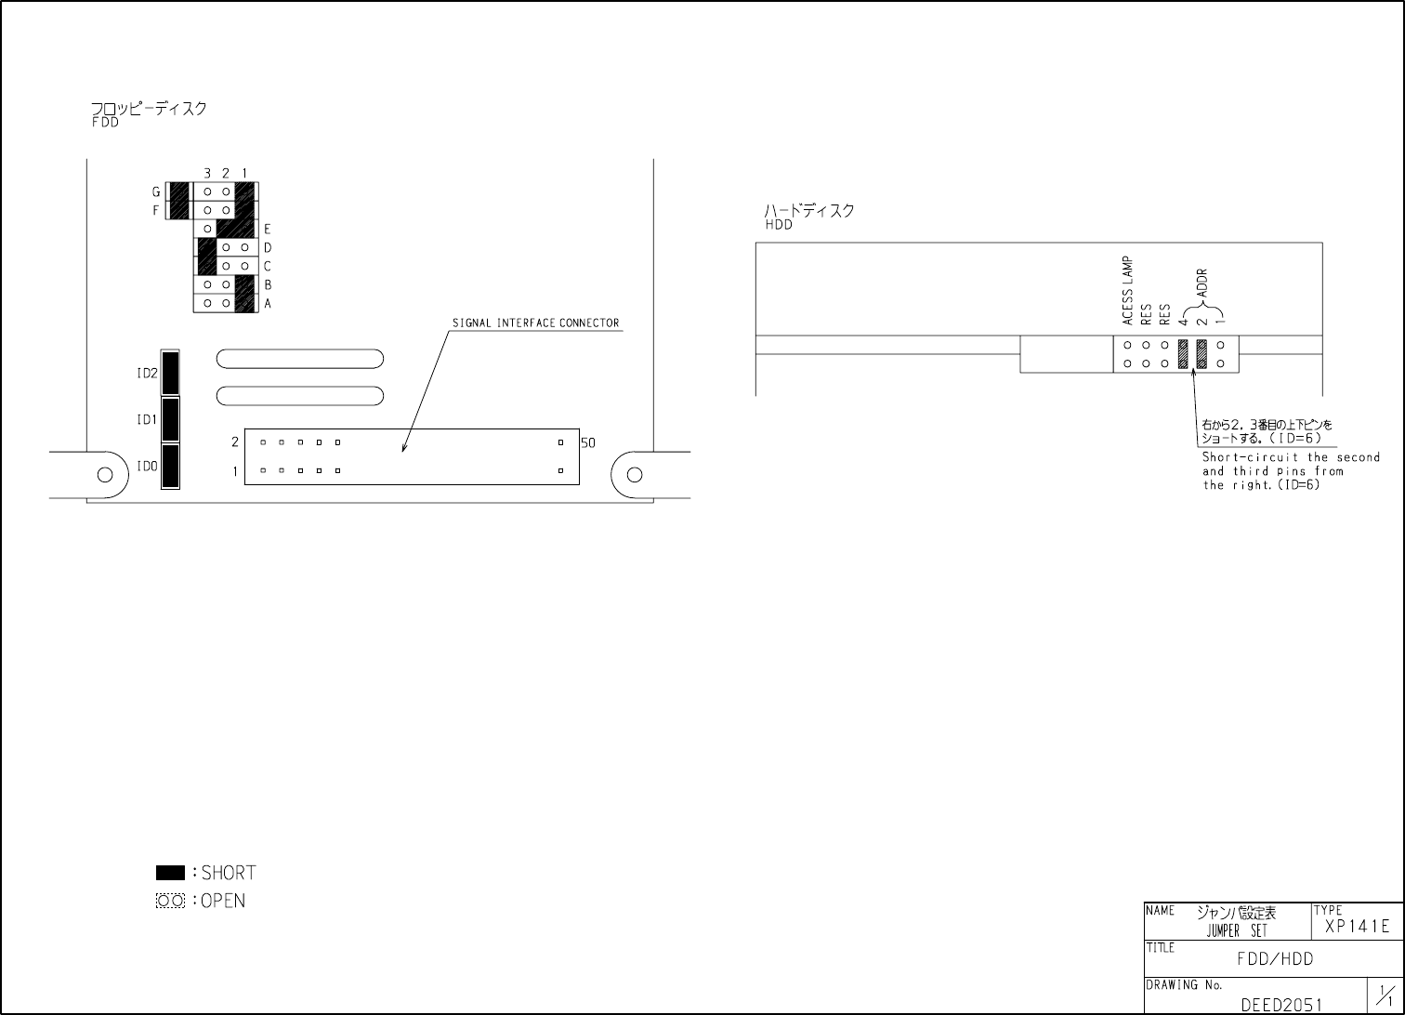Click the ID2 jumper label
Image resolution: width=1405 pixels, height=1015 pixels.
click(x=147, y=374)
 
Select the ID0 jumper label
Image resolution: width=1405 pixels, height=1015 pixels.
click(x=147, y=467)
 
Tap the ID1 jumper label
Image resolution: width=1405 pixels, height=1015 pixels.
click(x=147, y=420)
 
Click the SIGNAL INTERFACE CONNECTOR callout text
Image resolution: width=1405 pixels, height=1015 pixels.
click(x=535, y=323)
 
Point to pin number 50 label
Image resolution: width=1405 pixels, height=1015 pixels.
click(x=588, y=443)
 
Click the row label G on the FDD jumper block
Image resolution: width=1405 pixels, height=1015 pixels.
click(x=156, y=192)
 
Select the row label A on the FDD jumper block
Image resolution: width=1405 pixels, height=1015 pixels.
click(x=268, y=304)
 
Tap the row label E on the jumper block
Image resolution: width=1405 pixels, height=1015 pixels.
click(x=268, y=229)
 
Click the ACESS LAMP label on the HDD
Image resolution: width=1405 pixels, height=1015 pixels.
click(x=1127, y=291)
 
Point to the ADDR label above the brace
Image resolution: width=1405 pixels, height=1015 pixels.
click(x=1201, y=283)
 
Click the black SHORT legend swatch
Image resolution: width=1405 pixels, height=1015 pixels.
click(x=170, y=873)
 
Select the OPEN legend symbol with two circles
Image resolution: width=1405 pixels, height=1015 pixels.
click(x=170, y=901)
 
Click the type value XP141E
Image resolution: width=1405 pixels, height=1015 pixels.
click(x=1357, y=927)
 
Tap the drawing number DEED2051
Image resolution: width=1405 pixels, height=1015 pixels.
click(x=1280, y=1005)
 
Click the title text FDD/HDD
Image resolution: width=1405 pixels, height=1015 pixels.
click(x=1275, y=959)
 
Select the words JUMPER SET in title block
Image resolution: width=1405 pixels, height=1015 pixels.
click(x=1237, y=931)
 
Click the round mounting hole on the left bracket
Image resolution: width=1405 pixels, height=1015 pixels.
click(x=106, y=475)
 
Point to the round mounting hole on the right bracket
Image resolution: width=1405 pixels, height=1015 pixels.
click(x=635, y=475)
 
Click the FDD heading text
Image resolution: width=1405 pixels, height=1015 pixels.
click(x=105, y=123)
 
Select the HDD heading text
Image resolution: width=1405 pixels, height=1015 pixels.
click(x=779, y=225)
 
